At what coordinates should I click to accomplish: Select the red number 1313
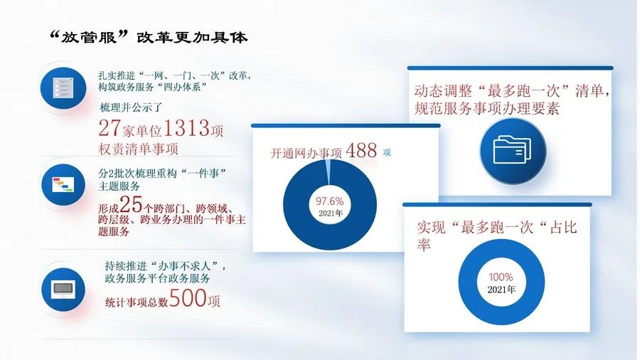[186, 129]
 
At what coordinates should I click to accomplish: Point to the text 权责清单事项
[139, 149]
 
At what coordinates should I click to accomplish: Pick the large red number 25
[132, 205]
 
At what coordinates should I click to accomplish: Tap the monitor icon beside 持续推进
[63, 288]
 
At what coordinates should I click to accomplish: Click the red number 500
[188, 299]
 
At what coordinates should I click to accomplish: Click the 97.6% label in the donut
[329, 201]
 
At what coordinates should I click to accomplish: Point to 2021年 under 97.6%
[329, 213]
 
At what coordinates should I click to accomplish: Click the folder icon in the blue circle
[511, 149]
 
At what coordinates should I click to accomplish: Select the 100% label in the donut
[501, 277]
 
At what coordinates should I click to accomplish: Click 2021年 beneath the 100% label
[501, 290]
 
